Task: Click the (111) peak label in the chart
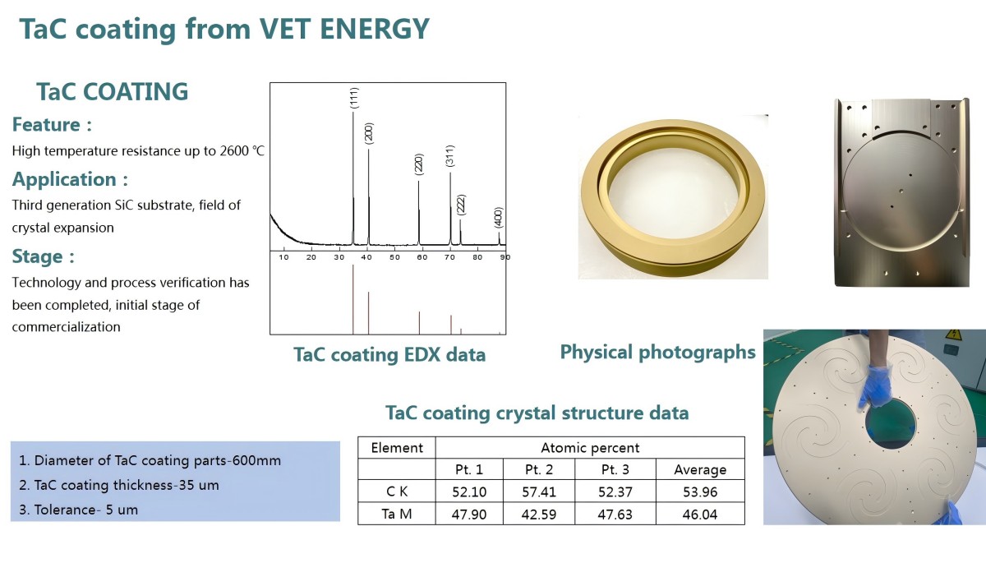pos(353,99)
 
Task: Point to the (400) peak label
pos(499,218)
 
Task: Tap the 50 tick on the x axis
pos(394,257)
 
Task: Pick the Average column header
pos(700,470)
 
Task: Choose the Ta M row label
pos(396,514)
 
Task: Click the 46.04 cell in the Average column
pos(700,514)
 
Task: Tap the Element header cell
pos(397,448)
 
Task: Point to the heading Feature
pos(51,125)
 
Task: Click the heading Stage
pos(43,256)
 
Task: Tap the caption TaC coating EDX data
pos(389,355)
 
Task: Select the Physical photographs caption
pos(657,352)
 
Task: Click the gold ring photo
pos(674,197)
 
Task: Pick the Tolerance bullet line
pos(78,510)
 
